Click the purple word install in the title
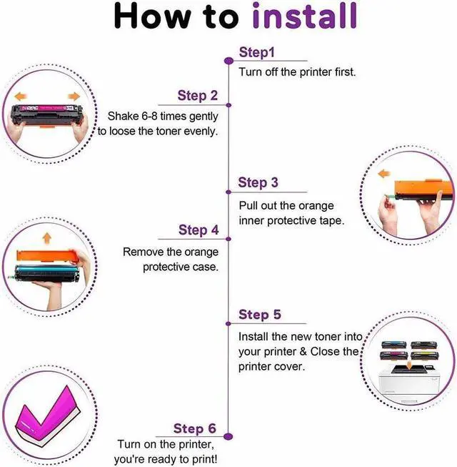pyautogui.click(x=304, y=16)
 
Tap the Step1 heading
pyautogui.click(x=256, y=53)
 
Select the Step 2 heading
pyautogui.click(x=197, y=96)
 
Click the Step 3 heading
pyautogui.click(x=258, y=182)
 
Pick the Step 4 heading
pyautogui.click(x=199, y=230)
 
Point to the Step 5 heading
pyautogui.click(x=260, y=315)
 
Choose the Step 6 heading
pyautogui.click(x=194, y=428)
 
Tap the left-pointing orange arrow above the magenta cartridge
pyautogui.click(x=21, y=96)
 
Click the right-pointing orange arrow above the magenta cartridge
pyautogui.click(x=74, y=97)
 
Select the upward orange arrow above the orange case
pyautogui.click(x=46, y=239)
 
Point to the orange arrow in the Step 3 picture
pyautogui.click(x=384, y=174)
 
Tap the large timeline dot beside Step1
pyautogui.click(x=228, y=61)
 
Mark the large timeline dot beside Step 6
pyautogui.click(x=228, y=437)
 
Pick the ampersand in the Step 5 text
pyautogui.click(x=303, y=352)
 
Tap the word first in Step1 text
pyautogui.click(x=345, y=72)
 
